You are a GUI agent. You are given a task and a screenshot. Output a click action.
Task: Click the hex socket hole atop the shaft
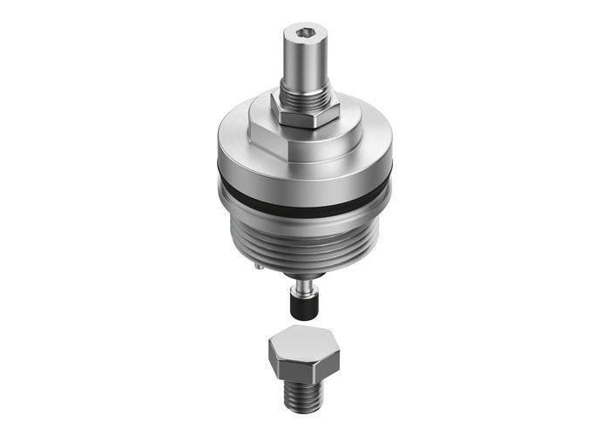tap(305, 34)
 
